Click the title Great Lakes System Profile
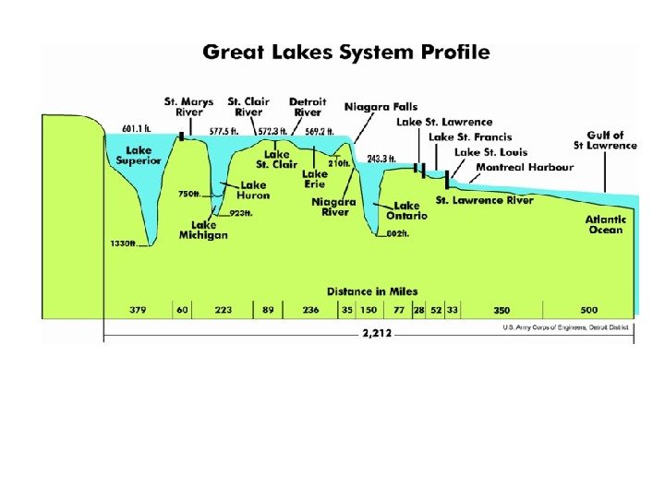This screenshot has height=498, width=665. (346, 52)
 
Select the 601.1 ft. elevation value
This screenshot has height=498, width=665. (138, 128)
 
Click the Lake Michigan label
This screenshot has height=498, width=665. (203, 230)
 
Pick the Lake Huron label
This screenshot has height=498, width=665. (253, 190)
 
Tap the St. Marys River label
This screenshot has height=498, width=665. (188, 106)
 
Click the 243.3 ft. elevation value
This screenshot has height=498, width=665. (381, 159)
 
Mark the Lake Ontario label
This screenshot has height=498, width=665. (406, 211)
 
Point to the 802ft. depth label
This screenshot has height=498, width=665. (397, 234)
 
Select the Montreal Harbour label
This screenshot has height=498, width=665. (525, 168)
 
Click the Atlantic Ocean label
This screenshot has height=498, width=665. (606, 224)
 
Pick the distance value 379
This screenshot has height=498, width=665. (139, 310)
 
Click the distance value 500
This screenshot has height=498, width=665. (589, 310)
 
